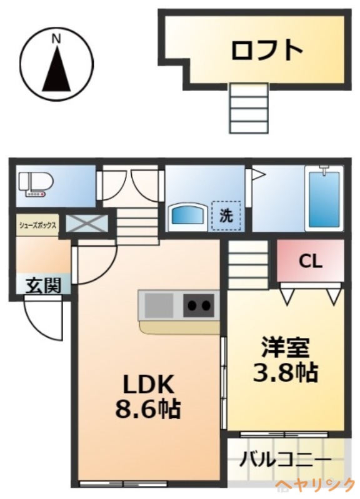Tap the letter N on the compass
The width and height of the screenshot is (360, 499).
click(x=56, y=39)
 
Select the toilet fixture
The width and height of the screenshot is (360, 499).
click(x=36, y=185)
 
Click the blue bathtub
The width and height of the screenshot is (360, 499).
click(x=323, y=199)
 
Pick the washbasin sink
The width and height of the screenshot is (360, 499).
click(x=188, y=215)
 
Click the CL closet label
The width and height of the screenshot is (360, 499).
click(x=310, y=261)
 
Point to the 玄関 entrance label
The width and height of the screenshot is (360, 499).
click(x=43, y=286)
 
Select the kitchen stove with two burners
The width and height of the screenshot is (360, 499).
click(x=199, y=305)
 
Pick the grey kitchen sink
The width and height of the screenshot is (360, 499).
click(x=159, y=305)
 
